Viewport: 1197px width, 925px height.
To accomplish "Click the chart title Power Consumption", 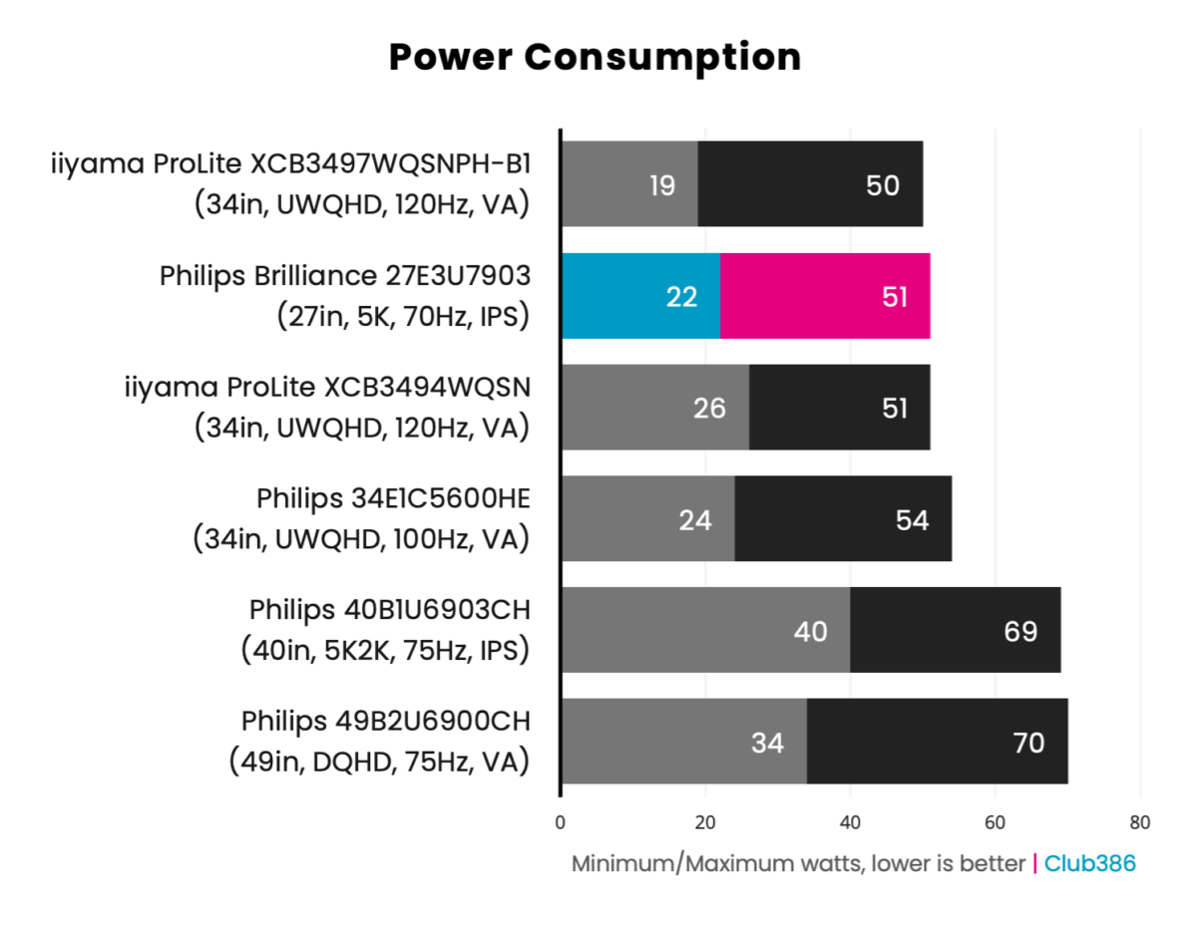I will pyautogui.click(x=595, y=57).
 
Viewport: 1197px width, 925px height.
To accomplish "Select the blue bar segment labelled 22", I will pyautogui.click(x=639, y=296).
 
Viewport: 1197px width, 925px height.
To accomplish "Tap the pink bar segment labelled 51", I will pyautogui.click(x=825, y=296).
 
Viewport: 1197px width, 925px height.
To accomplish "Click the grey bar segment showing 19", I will pyautogui.click(x=628, y=184).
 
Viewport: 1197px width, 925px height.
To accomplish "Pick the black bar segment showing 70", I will pyautogui.click(x=937, y=742).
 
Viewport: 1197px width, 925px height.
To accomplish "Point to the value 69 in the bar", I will pyautogui.click(x=1020, y=631).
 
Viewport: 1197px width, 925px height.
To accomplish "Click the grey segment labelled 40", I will pyautogui.click(x=704, y=630).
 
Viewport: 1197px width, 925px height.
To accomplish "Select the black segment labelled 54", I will pyautogui.click(x=843, y=519).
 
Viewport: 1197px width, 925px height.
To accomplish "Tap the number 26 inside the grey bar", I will pyautogui.click(x=709, y=408).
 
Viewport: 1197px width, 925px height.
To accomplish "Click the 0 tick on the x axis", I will pyautogui.click(x=561, y=823).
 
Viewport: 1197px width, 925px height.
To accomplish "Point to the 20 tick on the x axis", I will pyautogui.click(x=705, y=823).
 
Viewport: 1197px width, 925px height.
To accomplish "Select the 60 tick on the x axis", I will pyautogui.click(x=995, y=823).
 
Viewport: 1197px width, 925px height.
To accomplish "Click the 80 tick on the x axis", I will pyautogui.click(x=1139, y=823).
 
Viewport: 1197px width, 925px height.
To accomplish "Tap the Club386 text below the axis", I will pyautogui.click(x=1089, y=863).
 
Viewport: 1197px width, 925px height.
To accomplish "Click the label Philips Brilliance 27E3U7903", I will pyautogui.click(x=344, y=276).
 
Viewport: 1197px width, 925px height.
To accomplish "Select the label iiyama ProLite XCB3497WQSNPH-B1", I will pyautogui.click(x=290, y=164).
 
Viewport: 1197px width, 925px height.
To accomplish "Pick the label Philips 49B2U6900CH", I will pyautogui.click(x=385, y=721).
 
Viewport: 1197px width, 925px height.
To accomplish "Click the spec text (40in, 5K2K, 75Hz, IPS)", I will pyautogui.click(x=384, y=650).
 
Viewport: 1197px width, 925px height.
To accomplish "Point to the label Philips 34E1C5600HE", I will pyautogui.click(x=392, y=497).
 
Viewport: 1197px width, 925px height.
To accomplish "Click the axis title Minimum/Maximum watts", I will pyautogui.click(x=798, y=863).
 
